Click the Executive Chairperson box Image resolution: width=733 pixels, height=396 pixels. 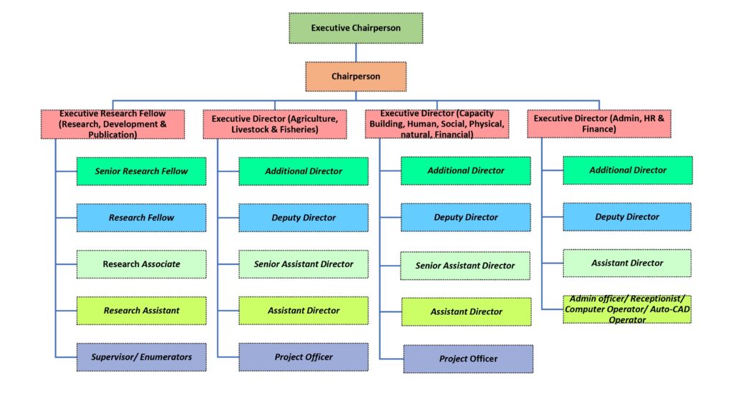[x=356, y=28]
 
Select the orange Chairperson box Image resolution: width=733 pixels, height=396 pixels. [x=356, y=76]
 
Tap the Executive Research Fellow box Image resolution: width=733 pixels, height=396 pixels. [x=112, y=125]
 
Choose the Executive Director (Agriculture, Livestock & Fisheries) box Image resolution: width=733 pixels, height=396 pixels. [x=275, y=125]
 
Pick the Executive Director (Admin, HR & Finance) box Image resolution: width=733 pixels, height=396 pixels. [x=599, y=124]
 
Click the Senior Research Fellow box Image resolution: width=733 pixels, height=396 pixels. [x=141, y=171]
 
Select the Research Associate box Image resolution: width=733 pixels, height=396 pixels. [x=141, y=264]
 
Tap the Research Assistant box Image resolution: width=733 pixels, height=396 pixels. [x=141, y=311]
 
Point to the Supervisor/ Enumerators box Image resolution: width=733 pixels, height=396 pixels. [x=141, y=357]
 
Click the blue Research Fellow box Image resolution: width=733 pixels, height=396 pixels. [x=141, y=218]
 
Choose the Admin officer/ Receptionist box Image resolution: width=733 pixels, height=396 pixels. [x=627, y=309]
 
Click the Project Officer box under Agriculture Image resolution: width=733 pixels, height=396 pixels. [x=304, y=357]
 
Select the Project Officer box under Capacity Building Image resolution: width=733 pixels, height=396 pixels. [x=468, y=359]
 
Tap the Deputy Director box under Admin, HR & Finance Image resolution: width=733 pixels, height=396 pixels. [x=627, y=217]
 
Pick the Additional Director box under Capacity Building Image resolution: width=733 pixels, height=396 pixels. [x=465, y=170]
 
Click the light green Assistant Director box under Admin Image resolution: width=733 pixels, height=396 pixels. [x=627, y=264]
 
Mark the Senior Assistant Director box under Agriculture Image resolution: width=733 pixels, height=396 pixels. [x=304, y=264]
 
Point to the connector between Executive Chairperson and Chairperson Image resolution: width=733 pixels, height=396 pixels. [x=356, y=52]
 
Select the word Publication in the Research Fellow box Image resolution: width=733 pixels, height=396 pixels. [x=112, y=135]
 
